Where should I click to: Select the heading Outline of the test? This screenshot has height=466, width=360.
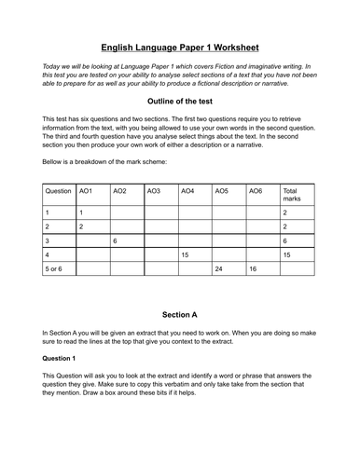coord(180,101)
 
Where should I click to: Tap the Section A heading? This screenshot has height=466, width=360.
coord(180,315)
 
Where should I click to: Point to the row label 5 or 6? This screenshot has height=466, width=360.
coord(56,267)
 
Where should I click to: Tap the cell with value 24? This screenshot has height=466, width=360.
coord(220,267)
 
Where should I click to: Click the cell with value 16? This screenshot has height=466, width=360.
coord(253,267)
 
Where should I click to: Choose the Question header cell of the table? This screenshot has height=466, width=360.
coord(58,190)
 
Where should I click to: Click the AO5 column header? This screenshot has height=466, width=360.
coord(222,190)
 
